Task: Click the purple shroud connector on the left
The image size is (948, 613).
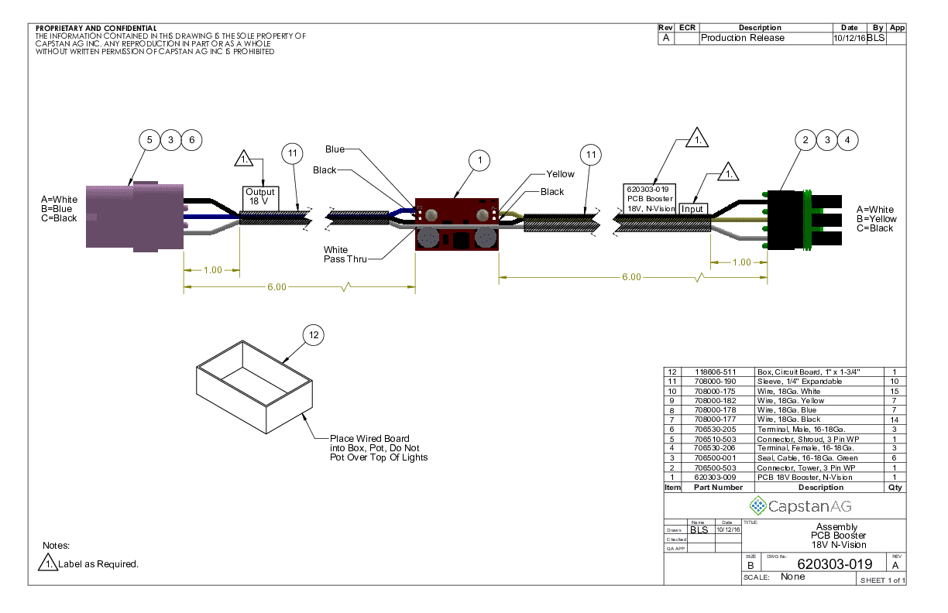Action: coord(134,216)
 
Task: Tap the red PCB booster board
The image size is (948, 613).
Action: coord(456,224)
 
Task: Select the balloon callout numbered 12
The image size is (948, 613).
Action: coord(313,335)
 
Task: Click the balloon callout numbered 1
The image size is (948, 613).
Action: coord(479,160)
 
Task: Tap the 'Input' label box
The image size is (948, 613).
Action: coord(692,208)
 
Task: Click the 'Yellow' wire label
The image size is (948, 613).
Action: coord(560,174)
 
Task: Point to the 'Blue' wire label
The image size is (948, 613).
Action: coord(335,149)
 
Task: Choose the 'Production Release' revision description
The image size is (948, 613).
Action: coord(742,38)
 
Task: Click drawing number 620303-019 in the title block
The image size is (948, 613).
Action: coord(834,563)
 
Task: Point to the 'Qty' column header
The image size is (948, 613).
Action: coord(895,488)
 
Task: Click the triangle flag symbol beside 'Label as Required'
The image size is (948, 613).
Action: coord(48,563)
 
